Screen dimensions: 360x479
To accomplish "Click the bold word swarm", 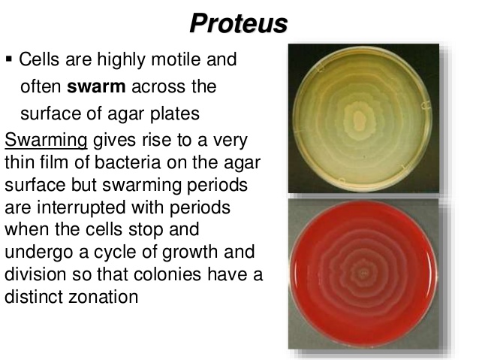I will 98,86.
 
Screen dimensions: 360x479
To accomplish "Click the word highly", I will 111,59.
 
